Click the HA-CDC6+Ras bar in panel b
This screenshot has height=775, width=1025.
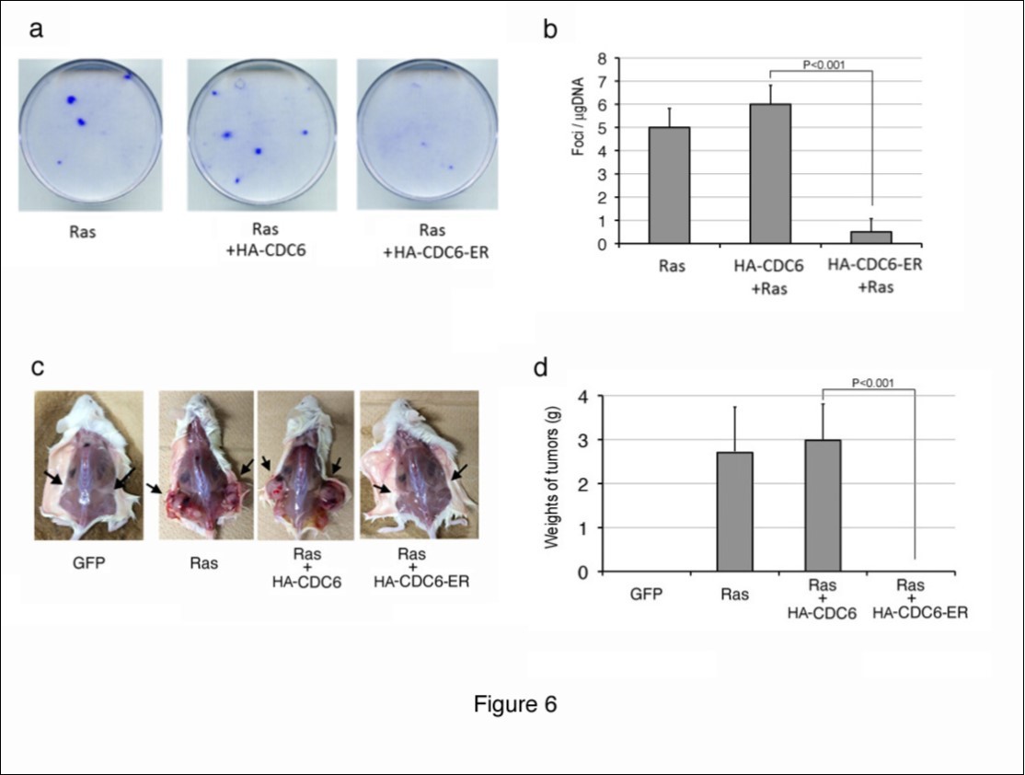point(771,174)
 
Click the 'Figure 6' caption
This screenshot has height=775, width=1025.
point(515,705)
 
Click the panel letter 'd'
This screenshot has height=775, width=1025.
point(543,369)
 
